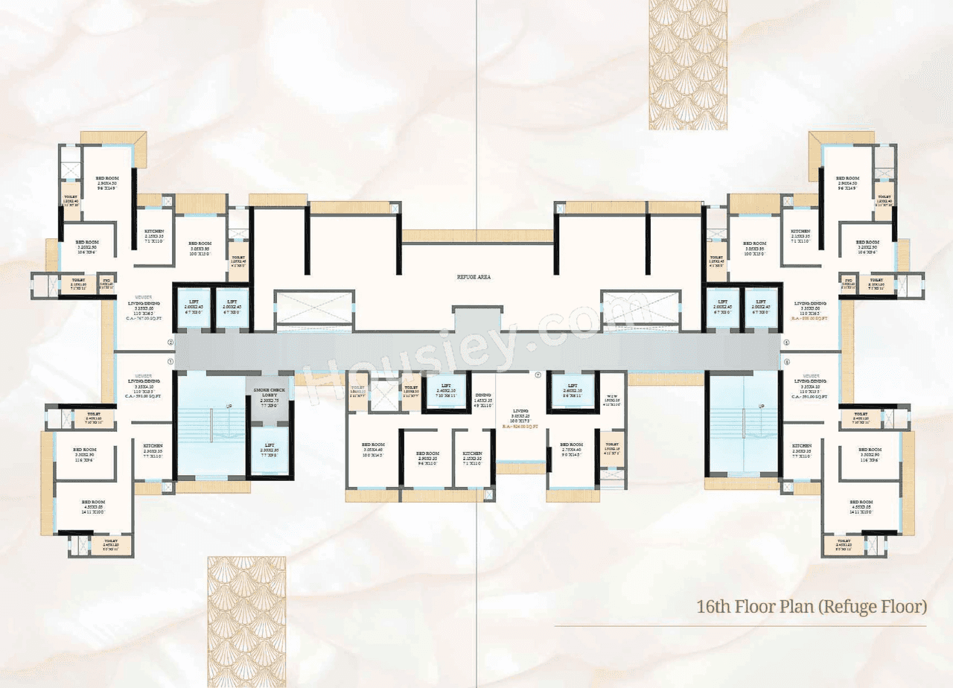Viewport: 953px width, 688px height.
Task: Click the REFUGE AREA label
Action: pos(474,276)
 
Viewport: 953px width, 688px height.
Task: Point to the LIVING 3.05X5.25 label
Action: pos(520,415)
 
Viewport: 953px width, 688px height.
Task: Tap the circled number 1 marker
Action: pos(170,361)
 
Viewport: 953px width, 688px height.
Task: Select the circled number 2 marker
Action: pos(170,343)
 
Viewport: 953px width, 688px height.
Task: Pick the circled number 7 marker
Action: pos(538,375)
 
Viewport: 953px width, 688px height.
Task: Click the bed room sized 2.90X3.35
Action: pos(427,456)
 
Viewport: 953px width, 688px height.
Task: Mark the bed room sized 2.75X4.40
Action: pos(571,450)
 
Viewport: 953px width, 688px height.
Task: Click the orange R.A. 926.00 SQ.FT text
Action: pos(520,427)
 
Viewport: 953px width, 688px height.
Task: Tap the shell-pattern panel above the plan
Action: pos(688,65)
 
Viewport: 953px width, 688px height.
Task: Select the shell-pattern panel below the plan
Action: pos(246,621)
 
